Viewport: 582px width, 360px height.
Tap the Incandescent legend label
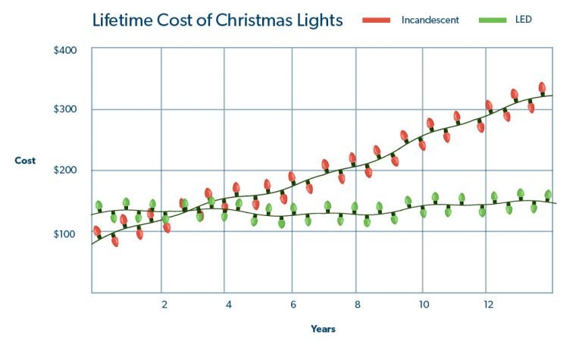(x=430, y=20)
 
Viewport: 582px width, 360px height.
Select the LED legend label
(x=523, y=20)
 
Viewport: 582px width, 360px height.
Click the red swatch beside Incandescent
(x=375, y=20)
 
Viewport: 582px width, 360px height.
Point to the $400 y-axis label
(x=66, y=51)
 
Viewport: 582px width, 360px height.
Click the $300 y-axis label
(x=66, y=110)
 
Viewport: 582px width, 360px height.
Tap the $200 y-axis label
(x=66, y=171)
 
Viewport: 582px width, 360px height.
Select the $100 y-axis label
(x=66, y=233)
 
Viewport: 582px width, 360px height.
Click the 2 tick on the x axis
(x=164, y=305)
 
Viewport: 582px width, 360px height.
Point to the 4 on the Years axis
(x=228, y=305)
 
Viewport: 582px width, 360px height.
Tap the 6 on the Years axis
(x=293, y=305)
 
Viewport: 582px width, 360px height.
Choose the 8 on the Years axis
(x=357, y=305)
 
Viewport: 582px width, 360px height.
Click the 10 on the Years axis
(x=423, y=305)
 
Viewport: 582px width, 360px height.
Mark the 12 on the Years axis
(x=488, y=305)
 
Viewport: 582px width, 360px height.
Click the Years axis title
(x=323, y=330)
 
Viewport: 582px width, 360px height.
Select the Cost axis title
(x=25, y=161)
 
